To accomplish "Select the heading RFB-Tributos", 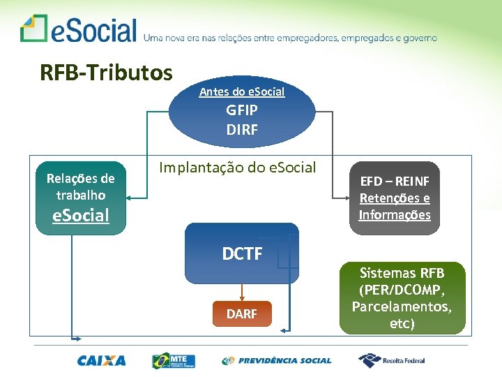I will click(x=106, y=73).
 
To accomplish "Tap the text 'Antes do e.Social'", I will click(x=242, y=92).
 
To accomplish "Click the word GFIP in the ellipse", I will click(x=242, y=110).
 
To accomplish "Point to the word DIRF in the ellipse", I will click(x=242, y=129).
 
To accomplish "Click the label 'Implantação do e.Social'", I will click(x=237, y=168).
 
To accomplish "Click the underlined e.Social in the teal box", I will click(x=81, y=215).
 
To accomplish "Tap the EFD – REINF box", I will click(x=395, y=198).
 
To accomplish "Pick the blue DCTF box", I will click(x=242, y=253).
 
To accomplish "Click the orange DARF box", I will click(x=242, y=314).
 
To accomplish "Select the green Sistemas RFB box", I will click(x=402, y=297).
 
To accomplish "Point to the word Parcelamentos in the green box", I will click(x=402, y=306).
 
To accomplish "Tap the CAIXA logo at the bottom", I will click(x=102, y=361).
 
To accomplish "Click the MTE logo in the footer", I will click(x=174, y=361).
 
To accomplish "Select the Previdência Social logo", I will click(x=277, y=361).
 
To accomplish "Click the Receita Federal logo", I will click(x=392, y=360).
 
